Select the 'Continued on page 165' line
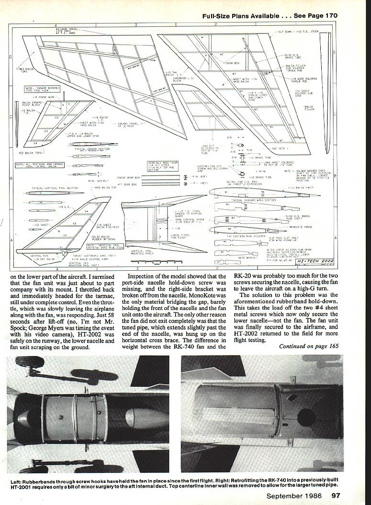(312, 345)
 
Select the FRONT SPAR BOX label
(128, 177)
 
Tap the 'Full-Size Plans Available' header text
(240, 15)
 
